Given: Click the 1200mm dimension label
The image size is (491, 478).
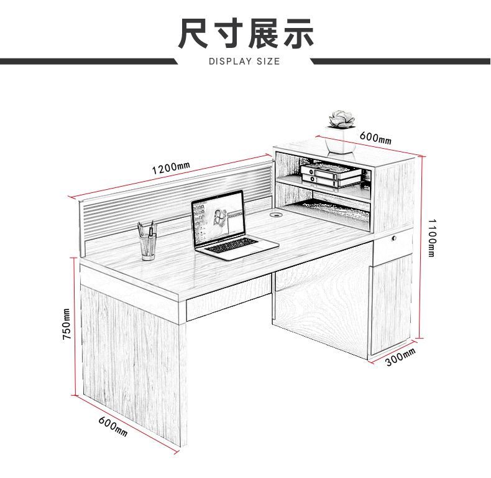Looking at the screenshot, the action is tap(171, 167).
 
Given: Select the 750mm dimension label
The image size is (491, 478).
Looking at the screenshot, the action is tap(67, 324).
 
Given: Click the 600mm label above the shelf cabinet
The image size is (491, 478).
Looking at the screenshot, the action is tap(375, 138).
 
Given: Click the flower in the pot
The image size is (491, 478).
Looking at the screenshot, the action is tap(341, 119).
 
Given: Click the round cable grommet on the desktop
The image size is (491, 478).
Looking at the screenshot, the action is tap(276, 215).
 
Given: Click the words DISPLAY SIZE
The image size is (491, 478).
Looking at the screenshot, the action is tap(244, 61).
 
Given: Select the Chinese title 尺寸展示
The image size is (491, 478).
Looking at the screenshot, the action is tap(245, 34).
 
